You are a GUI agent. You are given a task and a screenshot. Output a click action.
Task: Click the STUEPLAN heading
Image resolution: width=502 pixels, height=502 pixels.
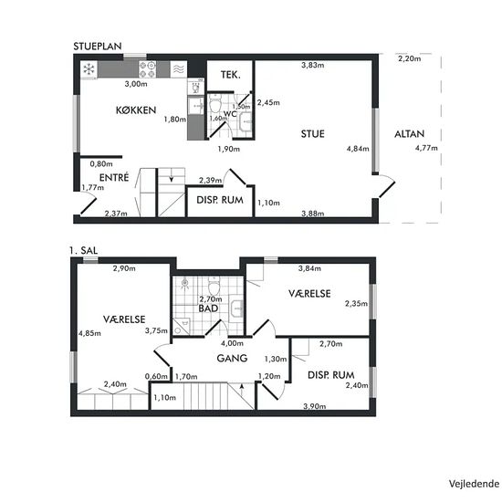click(x=98, y=47)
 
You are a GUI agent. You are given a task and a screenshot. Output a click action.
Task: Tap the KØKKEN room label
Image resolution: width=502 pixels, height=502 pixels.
click(x=136, y=110)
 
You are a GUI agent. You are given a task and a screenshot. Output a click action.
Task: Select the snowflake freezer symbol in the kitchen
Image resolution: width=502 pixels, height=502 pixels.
click(x=89, y=69)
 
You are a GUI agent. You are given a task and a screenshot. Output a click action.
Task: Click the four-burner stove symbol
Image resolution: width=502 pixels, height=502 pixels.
click(x=147, y=69)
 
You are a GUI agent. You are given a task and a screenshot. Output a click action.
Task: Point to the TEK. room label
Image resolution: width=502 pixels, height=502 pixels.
click(x=231, y=75)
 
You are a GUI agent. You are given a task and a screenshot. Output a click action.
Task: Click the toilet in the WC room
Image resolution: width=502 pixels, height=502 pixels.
click(x=215, y=103)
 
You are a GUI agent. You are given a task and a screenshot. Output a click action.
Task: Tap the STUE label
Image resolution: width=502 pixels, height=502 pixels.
click(x=312, y=133)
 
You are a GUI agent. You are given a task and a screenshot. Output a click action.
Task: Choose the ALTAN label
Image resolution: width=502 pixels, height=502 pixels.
click(x=409, y=133)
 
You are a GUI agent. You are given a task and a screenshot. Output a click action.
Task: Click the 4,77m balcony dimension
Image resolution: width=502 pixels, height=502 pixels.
click(x=426, y=148)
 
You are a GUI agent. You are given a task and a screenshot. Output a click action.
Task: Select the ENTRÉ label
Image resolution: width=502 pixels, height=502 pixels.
click(x=114, y=177)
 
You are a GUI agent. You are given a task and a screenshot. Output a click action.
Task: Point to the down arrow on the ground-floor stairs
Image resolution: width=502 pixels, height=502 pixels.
click(x=172, y=178)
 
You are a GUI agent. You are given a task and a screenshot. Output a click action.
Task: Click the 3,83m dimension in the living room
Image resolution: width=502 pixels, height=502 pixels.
click(x=312, y=65)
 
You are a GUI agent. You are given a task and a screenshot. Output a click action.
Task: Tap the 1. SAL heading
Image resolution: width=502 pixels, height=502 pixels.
click(x=84, y=250)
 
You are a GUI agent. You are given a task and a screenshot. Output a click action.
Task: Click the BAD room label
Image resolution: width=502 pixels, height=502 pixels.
click(x=208, y=309)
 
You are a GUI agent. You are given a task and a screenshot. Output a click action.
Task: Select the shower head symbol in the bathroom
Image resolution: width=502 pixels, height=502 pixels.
click(x=184, y=283)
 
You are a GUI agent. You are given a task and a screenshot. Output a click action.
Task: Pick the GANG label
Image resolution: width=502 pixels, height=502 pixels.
click(x=232, y=358)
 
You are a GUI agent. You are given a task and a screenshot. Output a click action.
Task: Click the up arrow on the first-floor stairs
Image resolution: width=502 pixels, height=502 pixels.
click(x=242, y=390)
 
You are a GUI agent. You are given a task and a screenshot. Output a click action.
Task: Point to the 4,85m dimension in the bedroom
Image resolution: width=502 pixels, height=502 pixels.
click(x=89, y=333)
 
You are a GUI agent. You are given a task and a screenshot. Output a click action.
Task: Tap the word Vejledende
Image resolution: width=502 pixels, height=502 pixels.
click(x=474, y=484)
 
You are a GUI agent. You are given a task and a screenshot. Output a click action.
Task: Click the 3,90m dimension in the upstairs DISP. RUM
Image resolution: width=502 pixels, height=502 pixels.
click(x=315, y=406)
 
